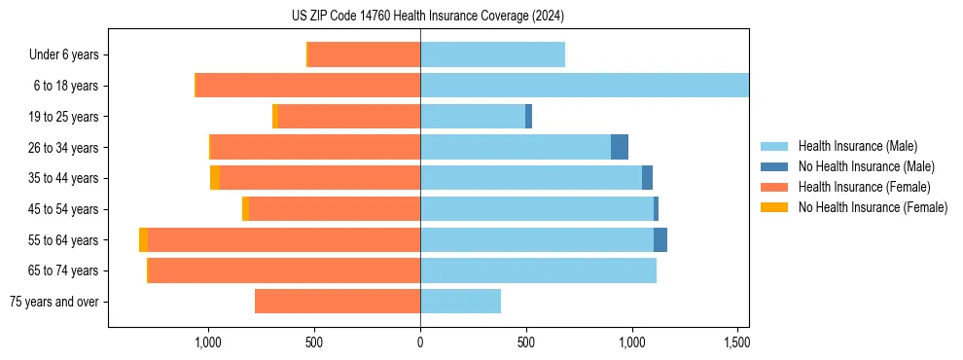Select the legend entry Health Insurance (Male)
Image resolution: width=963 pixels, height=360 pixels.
click(x=856, y=146)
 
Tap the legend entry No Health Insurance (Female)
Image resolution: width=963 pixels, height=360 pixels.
click(x=873, y=207)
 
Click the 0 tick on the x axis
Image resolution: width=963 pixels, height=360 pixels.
click(x=420, y=342)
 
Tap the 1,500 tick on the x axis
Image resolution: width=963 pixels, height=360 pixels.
click(x=737, y=342)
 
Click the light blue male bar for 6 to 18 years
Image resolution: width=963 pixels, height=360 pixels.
click(x=584, y=86)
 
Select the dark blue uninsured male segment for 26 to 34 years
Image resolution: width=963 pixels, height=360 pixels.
click(x=620, y=147)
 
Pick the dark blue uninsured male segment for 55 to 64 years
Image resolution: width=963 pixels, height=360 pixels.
click(x=660, y=239)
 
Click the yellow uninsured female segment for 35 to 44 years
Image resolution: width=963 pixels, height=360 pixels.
click(x=215, y=178)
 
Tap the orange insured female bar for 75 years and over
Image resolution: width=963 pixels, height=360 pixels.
click(x=338, y=302)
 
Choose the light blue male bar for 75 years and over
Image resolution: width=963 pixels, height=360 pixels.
click(x=460, y=302)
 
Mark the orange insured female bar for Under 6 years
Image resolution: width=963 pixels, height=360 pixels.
click(x=365, y=54)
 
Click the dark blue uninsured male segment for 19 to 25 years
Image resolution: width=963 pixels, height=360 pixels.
click(x=528, y=117)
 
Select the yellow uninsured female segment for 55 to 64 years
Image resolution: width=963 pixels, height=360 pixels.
click(x=143, y=239)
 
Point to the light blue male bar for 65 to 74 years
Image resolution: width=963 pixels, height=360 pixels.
click(x=538, y=270)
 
